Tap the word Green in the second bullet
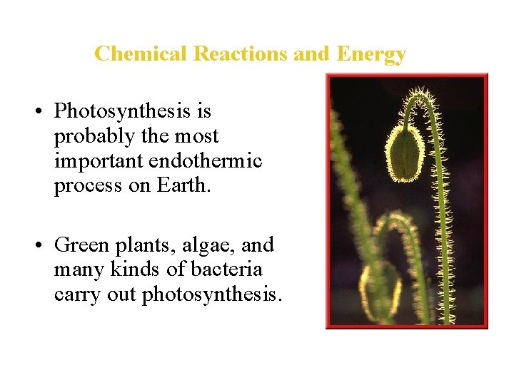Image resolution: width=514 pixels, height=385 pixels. (x=78, y=245)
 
